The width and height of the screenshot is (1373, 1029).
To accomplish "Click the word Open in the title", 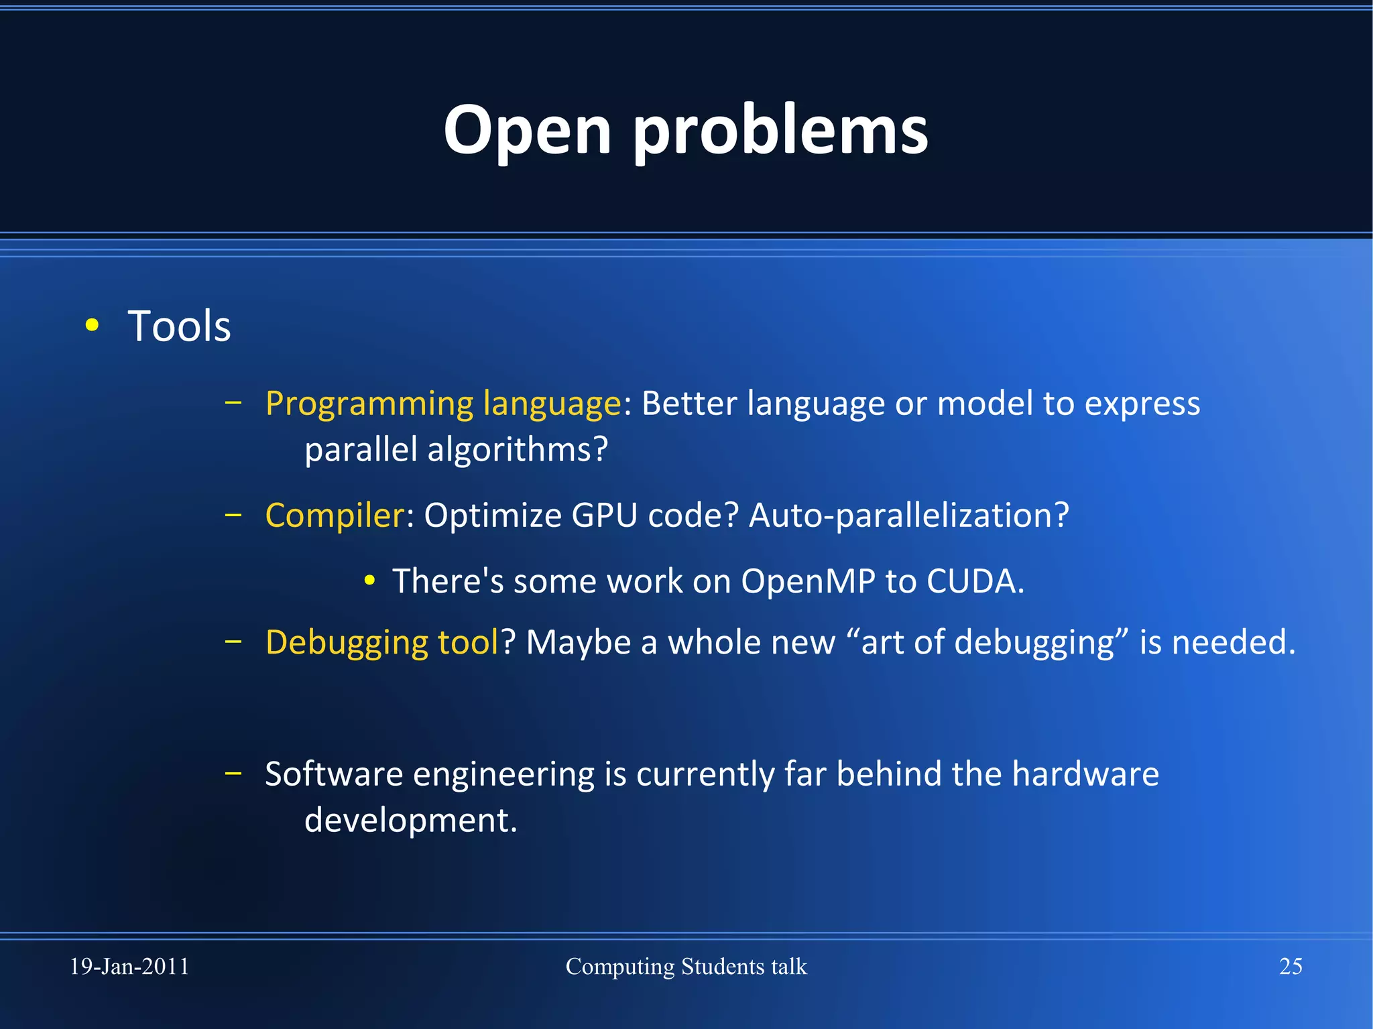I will pyautogui.click(x=527, y=131).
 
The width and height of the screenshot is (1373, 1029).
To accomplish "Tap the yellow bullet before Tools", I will pyautogui.click(x=93, y=326).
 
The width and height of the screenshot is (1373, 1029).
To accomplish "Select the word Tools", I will pyautogui.click(x=179, y=326).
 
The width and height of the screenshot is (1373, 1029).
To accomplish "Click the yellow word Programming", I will pyautogui.click(x=369, y=404).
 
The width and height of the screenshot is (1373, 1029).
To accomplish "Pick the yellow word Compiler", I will pyautogui.click(x=335, y=516).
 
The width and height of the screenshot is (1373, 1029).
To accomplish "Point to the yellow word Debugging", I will pyautogui.click(x=346, y=642).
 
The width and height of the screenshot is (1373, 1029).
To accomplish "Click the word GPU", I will pyautogui.click(x=604, y=516).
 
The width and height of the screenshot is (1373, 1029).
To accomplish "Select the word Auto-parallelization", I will pyautogui.click(x=908, y=516).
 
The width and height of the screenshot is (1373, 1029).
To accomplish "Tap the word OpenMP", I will pyautogui.click(x=808, y=581).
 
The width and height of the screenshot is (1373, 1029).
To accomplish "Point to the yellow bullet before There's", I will pyautogui.click(x=369, y=581).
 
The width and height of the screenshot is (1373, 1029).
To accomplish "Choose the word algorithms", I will pyautogui.click(x=517, y=450).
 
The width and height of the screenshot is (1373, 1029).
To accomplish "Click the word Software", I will pyautogui.click(x=334, y=774).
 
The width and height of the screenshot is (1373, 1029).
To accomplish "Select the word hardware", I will pyautogui.click(x=1085, y=774).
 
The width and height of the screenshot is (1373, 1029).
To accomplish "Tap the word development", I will pyautogui.click(x=410, y=821).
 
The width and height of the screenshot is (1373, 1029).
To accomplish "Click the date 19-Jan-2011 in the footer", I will pyautogui.click(x=129, y=967).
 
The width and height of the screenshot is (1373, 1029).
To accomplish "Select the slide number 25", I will pyautogui.click(x=1291, y=967).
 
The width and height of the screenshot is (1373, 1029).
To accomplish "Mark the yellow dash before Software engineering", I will pyautogui.click(x=233, y=773).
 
